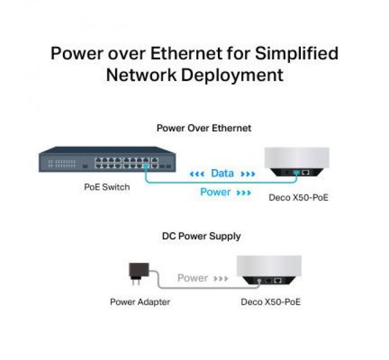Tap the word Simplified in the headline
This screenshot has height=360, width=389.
(x=296, y=54)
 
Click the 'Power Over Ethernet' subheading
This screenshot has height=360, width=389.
(x=204, y=128)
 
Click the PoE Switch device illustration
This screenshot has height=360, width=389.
(x=107, y=159)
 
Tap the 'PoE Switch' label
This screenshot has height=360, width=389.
(x=107, y=187)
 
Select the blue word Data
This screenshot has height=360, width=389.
(x=222, y=173)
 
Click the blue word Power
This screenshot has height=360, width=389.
(x=215, y=192)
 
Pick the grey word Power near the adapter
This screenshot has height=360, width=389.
(x=192, y=278)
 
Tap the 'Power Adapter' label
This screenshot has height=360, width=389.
(x=140, y=301)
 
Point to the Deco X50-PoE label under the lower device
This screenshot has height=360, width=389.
(x=271, y=301)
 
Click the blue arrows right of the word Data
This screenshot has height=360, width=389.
(x=248, y=174)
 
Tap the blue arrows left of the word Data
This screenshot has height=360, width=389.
(x=197, y=174)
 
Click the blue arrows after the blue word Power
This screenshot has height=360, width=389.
(x=244, y=193)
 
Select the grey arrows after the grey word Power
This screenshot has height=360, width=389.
(x=221, y=279)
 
